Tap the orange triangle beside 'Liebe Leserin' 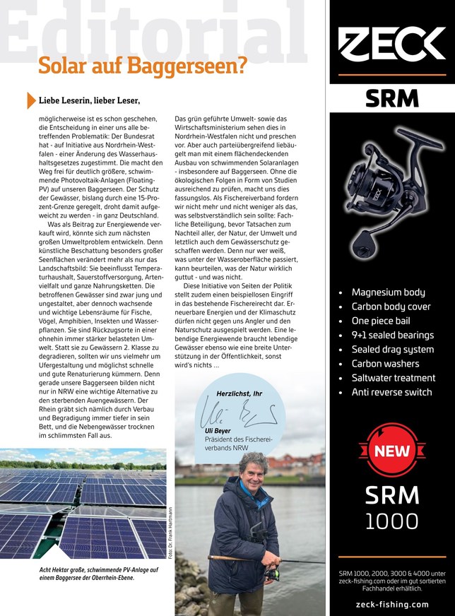pyautogui.click(x=30, y=100)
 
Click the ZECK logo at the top pyautogui.click(x=392, y=45)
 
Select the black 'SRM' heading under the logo pyautogui.click(x=391, y=99)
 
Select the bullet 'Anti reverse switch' pyautogui.click(x=391, y=392)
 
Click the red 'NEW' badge pyautogui.click(x=391, y=451)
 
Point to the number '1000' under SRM pyautogui.click(x=391, y=521)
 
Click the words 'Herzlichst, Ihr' pyautogui.click(x=239, y=393)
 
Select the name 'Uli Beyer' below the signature pyautogui.click(x=219, y=432)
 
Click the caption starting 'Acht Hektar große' pyautogui.click(x=87, y=572)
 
